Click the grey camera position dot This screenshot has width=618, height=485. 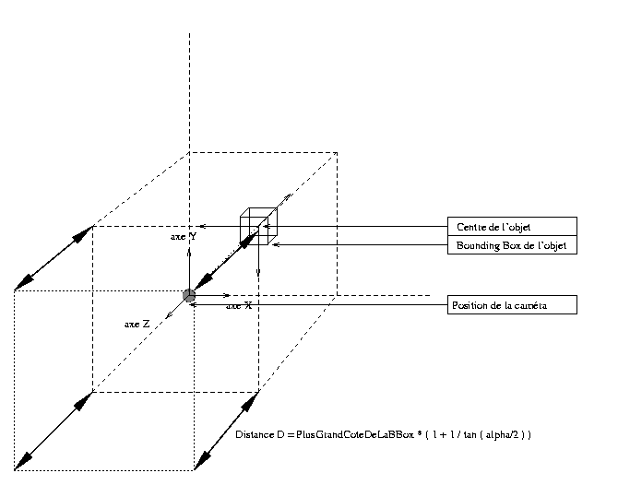pyautogui.click(x=189, y=295)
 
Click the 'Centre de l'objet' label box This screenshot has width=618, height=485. pyautogui.click(x=512, y=227)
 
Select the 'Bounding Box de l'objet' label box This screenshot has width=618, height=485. pyautogui.click(x=512, y=245)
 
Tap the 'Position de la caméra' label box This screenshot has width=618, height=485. pyautogui.click(x=512, y=305)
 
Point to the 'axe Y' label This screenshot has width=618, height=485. pyautogui.click(x=182, y=237)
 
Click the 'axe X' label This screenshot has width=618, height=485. pyautogui.click(x=239, y=305)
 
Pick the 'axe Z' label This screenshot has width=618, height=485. pyautogui.click(x=137, y=325)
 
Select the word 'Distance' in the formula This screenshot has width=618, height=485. pyautogui.click(x=253, y=433)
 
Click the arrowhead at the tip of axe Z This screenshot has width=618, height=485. pyautogui.click(x=167, y=317)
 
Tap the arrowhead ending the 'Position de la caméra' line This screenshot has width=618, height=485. pyautogui.click(x=196, y=304)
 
